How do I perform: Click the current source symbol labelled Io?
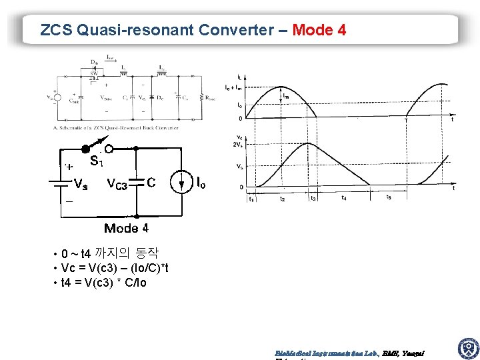point(181,181)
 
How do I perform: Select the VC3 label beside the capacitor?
point(117,184)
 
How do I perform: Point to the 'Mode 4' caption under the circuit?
point(126,228)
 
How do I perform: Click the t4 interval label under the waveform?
point(343,198)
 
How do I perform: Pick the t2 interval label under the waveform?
point(283,199)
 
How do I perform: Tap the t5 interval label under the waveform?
point(389,198)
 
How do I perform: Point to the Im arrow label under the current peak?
point(285,97)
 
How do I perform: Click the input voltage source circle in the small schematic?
point(58,97)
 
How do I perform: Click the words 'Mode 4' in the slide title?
point(319,30)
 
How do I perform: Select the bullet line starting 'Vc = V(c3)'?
point(114,268)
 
